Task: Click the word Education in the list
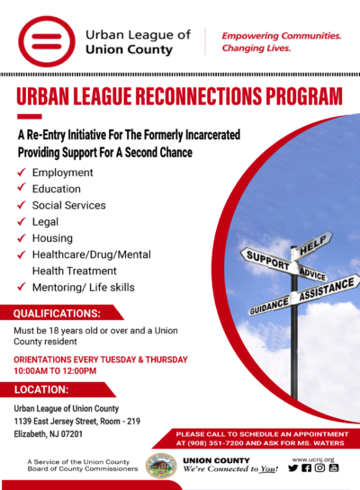tap(56, 189)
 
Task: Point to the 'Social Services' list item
tap(69, 205)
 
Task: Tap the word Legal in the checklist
tap(45, 221)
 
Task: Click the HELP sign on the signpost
tap(313, 241)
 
